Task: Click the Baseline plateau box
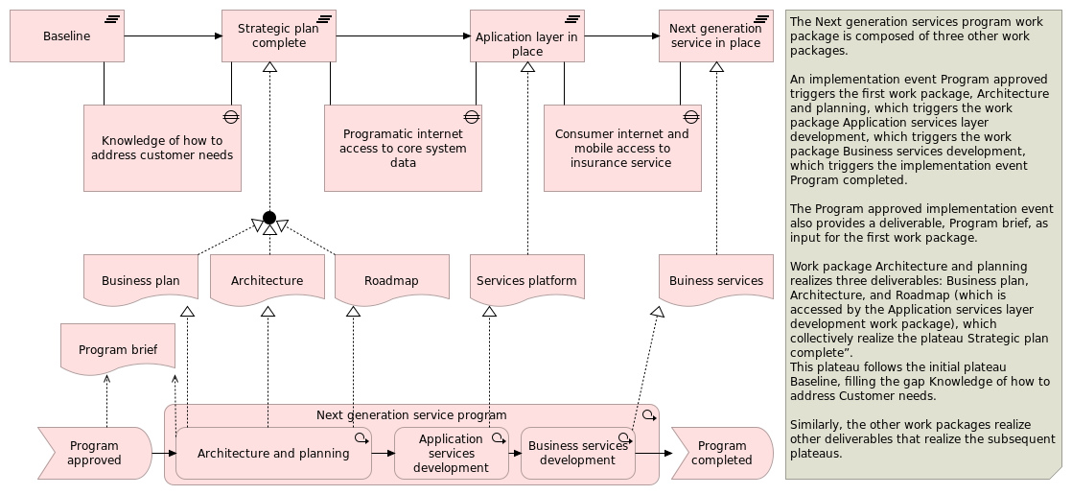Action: [67, 36]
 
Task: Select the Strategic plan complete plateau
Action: [278, 36]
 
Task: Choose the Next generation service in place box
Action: [715, 36]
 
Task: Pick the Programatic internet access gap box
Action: [403, 148]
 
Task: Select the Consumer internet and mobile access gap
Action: [621, 148]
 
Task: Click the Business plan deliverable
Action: [140, 280]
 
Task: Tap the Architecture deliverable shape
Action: [267, 280]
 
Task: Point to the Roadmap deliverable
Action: [391, 280]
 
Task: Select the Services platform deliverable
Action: [526, 280]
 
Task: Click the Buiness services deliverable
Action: [715, 280]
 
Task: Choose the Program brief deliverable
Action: [117, 349]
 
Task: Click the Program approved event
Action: [94, 453]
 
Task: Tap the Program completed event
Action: [721, 453]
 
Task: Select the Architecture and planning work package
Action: [273, 453]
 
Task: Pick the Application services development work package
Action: [451, 453]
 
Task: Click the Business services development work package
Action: [577, 453]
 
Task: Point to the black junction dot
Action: [269, 217]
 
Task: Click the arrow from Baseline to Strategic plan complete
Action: [173, 36]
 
